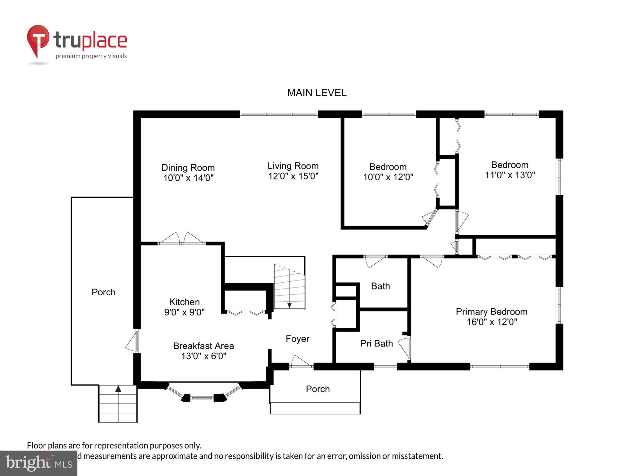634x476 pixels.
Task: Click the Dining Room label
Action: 188,168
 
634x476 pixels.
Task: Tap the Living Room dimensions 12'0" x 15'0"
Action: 293,176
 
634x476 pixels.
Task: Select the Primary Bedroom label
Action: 491,311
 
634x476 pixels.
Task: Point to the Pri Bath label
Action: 376,343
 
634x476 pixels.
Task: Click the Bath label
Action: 380,286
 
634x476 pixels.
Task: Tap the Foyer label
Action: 297,339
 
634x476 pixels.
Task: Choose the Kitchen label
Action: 184,302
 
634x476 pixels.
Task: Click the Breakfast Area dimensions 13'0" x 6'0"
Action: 203,356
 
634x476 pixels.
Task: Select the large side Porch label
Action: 103,292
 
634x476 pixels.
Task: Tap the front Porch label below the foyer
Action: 318,389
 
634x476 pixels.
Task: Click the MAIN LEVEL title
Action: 317,93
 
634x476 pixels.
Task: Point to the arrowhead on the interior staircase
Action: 289,306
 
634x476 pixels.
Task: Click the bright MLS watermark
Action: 38,463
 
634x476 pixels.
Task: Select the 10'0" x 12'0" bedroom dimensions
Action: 388,177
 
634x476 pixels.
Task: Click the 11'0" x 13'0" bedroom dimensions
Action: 510,175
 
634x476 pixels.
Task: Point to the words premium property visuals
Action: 91,56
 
